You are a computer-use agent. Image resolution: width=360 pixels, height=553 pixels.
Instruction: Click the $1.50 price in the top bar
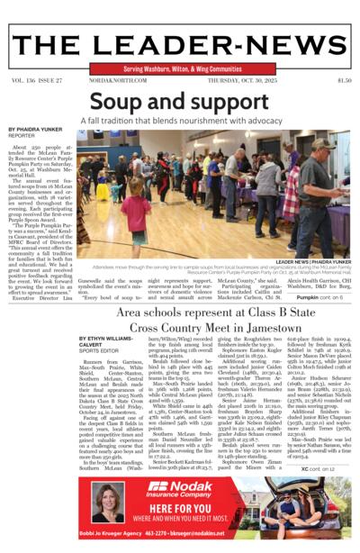344,80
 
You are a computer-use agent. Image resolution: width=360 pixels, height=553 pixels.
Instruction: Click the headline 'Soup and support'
179,100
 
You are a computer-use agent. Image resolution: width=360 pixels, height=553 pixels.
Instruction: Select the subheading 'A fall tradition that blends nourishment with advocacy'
180,120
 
